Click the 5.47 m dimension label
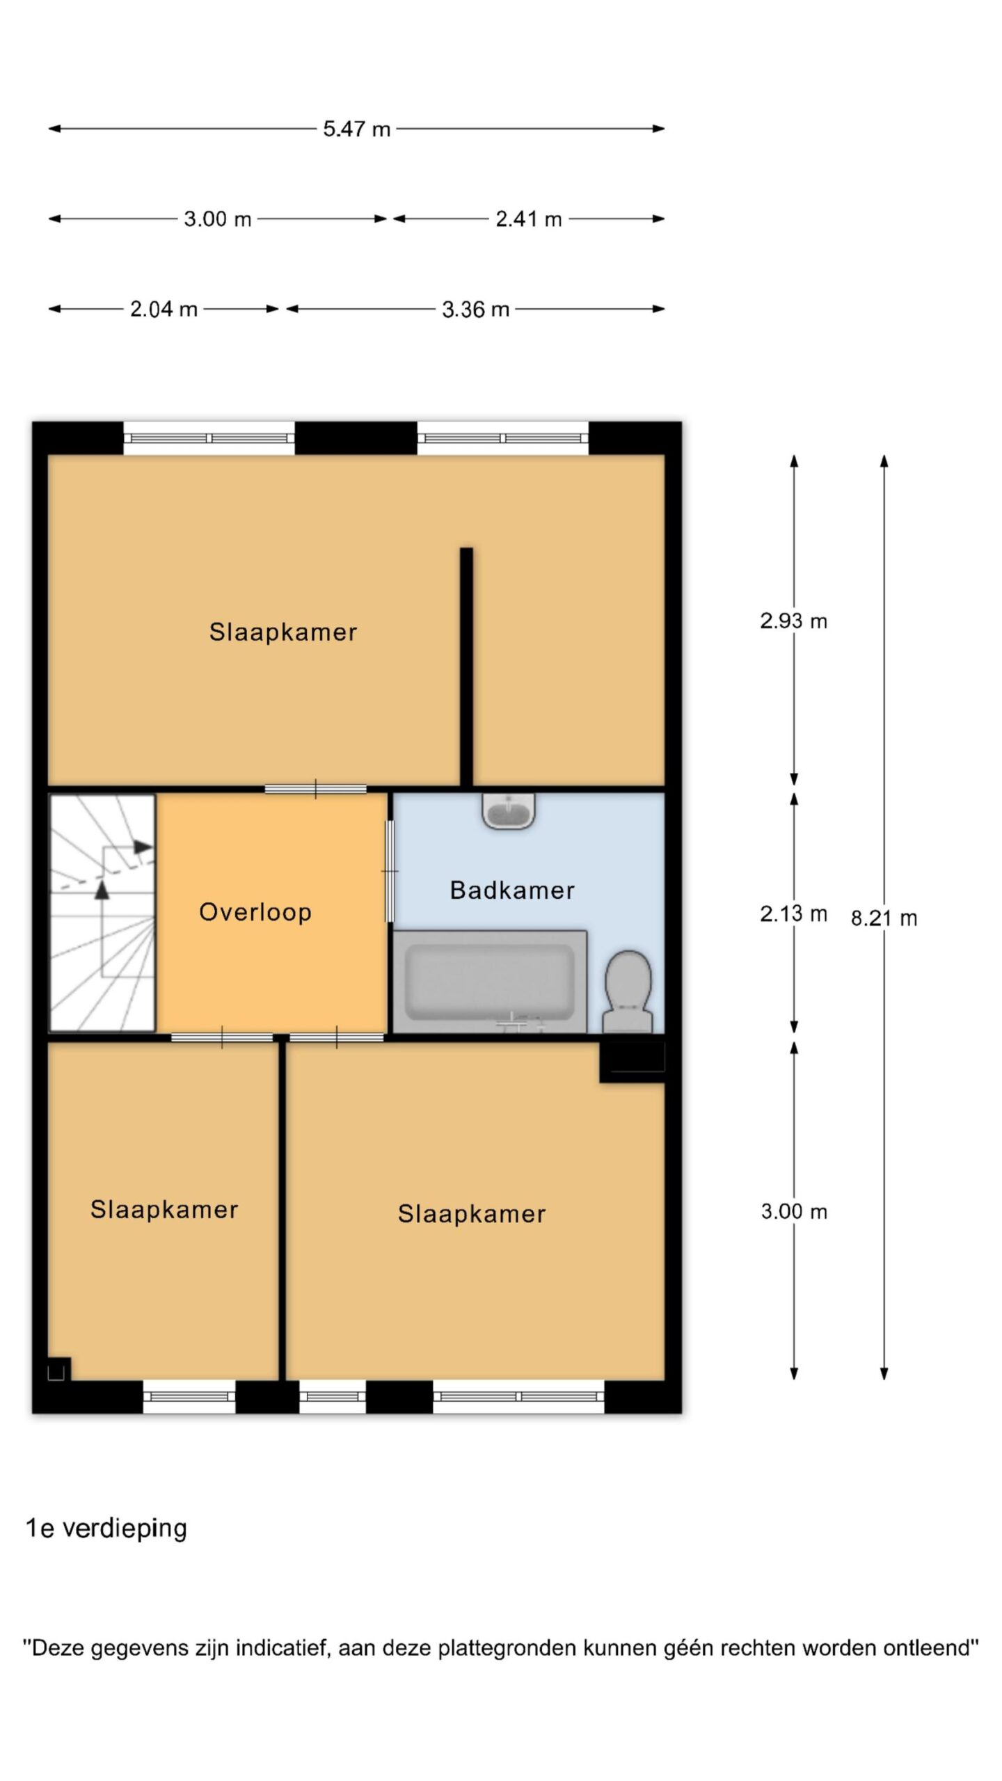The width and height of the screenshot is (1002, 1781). click(x=356, y=129)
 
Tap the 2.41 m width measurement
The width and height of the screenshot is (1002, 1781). click(x=528, y=219)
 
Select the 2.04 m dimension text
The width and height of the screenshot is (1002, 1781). click(x=164, y=309)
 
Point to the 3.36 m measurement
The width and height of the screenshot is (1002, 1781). click(x=475, y=309)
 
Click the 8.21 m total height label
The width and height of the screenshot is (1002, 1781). click(x=884, y=918)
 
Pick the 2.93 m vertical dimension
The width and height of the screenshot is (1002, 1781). click(x=793, y=621)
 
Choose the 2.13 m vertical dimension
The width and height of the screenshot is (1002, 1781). click(x=793, y=913)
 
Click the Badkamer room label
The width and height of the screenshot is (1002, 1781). click(x=512, y=890)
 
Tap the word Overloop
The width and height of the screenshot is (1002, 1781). click(x=255, y=912)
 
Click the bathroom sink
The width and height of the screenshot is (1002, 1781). click(x=509, y=811)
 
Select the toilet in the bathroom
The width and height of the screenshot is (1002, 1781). click(x=628, y=991)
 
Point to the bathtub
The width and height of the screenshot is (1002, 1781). click(x=490, y=982)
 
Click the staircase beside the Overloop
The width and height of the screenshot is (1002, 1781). click(x=102, y=913)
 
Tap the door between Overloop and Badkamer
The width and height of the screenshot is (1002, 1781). click(x=390, y=871)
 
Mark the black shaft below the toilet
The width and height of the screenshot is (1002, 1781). click(x=632, y=1062)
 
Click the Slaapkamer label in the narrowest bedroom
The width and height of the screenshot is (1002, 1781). click(x=164, y=1210)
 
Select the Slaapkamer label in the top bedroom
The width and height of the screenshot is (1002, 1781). click(x=283, y=632)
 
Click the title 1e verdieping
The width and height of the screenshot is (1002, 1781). click(x=106, y=1528)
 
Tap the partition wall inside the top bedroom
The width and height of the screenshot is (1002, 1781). click(x=466, y=667)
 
